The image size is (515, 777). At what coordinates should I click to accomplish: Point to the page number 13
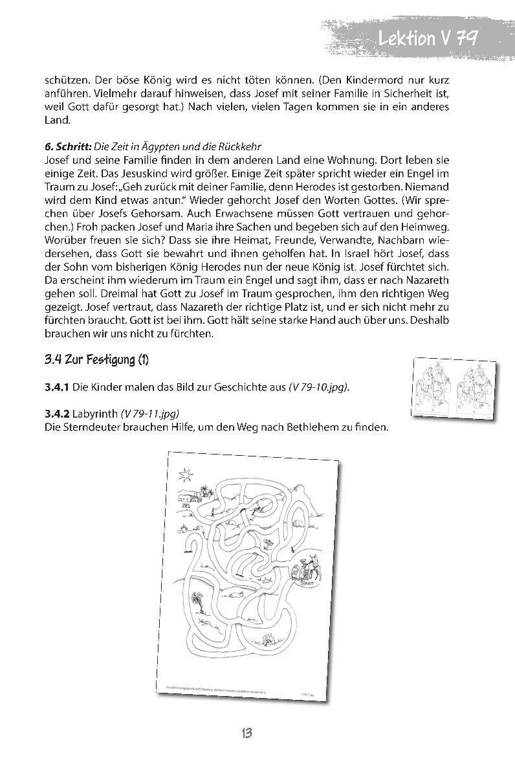pyautogui.click(x=246, y=733)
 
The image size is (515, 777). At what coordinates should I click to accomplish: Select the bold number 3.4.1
pyautogui.click(x=57, y=387)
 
